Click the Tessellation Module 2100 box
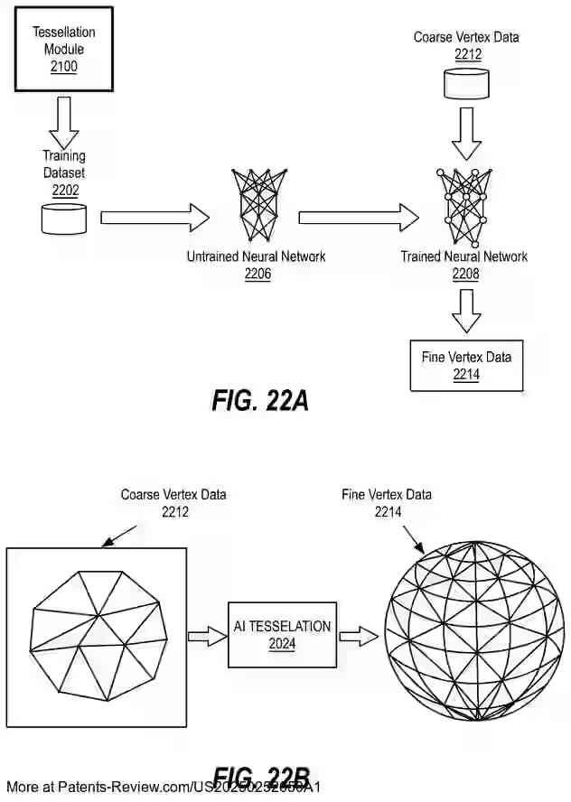(63, 50)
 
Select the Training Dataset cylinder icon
(64, 219)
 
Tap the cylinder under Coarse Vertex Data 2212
(466, 85)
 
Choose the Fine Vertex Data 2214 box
(466, 365)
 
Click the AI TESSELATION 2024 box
(282, 634)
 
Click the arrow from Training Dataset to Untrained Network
(154, 218)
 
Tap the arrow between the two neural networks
(359, 218)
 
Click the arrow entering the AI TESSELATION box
(207, 637)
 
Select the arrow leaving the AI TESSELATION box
(360, 637)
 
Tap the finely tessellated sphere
(474, 632)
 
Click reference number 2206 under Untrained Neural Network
(257, 274)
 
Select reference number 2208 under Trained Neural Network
(465, 274)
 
